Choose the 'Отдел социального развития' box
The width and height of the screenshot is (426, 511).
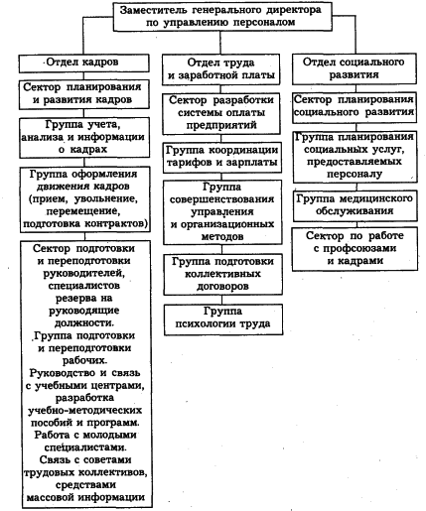351,68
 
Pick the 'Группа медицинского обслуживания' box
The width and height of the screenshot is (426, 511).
351,206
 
